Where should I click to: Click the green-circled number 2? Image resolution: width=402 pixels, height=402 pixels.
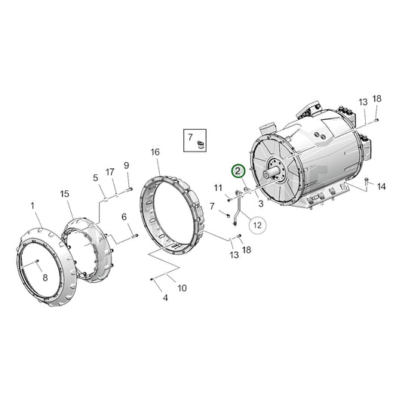[238, 172]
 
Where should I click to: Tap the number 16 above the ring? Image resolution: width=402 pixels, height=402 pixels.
[155, 152]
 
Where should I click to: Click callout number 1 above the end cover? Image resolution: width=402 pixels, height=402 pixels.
[32, 205]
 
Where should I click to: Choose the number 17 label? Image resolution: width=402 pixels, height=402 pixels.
[110, 171]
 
